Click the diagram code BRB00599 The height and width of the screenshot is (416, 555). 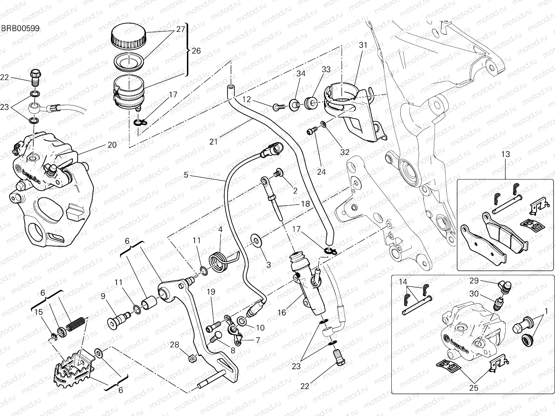pyautogui.click(x=20, y=28)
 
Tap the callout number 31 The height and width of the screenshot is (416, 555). pyautogui.click(x=363, y=45)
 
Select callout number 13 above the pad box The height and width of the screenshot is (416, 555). pyautogui.click(x=505, y=154)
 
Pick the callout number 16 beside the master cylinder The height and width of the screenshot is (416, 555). pyautogui.click(x=282, y=313)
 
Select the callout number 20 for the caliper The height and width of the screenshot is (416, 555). pyautogui.click(x=112, y=145)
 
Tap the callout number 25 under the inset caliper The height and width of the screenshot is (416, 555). pyautogui.click(x=473, y=388)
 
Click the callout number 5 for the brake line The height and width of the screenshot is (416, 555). pyautogui.click(x=186, y=175)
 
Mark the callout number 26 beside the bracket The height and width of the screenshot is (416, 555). pyautogui.click(x=196, y=51)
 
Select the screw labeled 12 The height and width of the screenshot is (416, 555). pyautogui.click(x=279, y=107)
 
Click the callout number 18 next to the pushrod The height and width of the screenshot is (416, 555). pyautogui.click(x=305, y=204)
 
